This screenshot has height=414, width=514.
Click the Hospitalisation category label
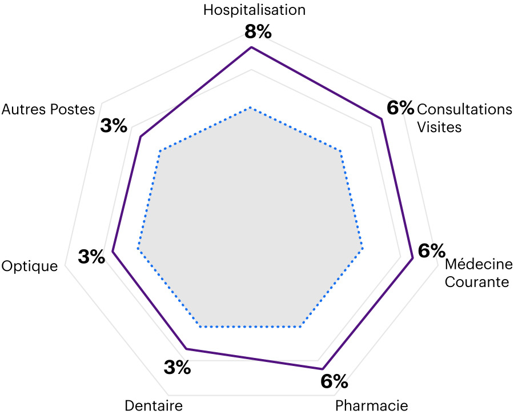tap(254, 10)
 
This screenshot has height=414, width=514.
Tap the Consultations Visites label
tap(464, 118)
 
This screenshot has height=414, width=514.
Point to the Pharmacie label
tap(371, 405)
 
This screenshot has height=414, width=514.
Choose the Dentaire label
tap(153, 405)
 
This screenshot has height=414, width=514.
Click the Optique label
tap(30, 266)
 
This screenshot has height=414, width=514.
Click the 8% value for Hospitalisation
tap(258, 32)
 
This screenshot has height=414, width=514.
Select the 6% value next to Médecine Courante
tap(431, 250)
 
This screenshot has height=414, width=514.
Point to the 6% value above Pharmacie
tap(334, 381)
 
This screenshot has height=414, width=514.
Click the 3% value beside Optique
tap(91, 257)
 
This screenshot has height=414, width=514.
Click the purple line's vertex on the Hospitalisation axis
tap(251, 47)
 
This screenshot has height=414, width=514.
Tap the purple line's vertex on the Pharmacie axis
tap(322, 368)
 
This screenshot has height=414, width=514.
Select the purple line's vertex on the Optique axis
tap(112, 252)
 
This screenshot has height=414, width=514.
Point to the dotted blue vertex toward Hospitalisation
tap(250, 107)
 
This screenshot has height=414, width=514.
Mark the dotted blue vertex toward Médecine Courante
tap(362, 250)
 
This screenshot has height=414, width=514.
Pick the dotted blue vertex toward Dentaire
tap(200, 327)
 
